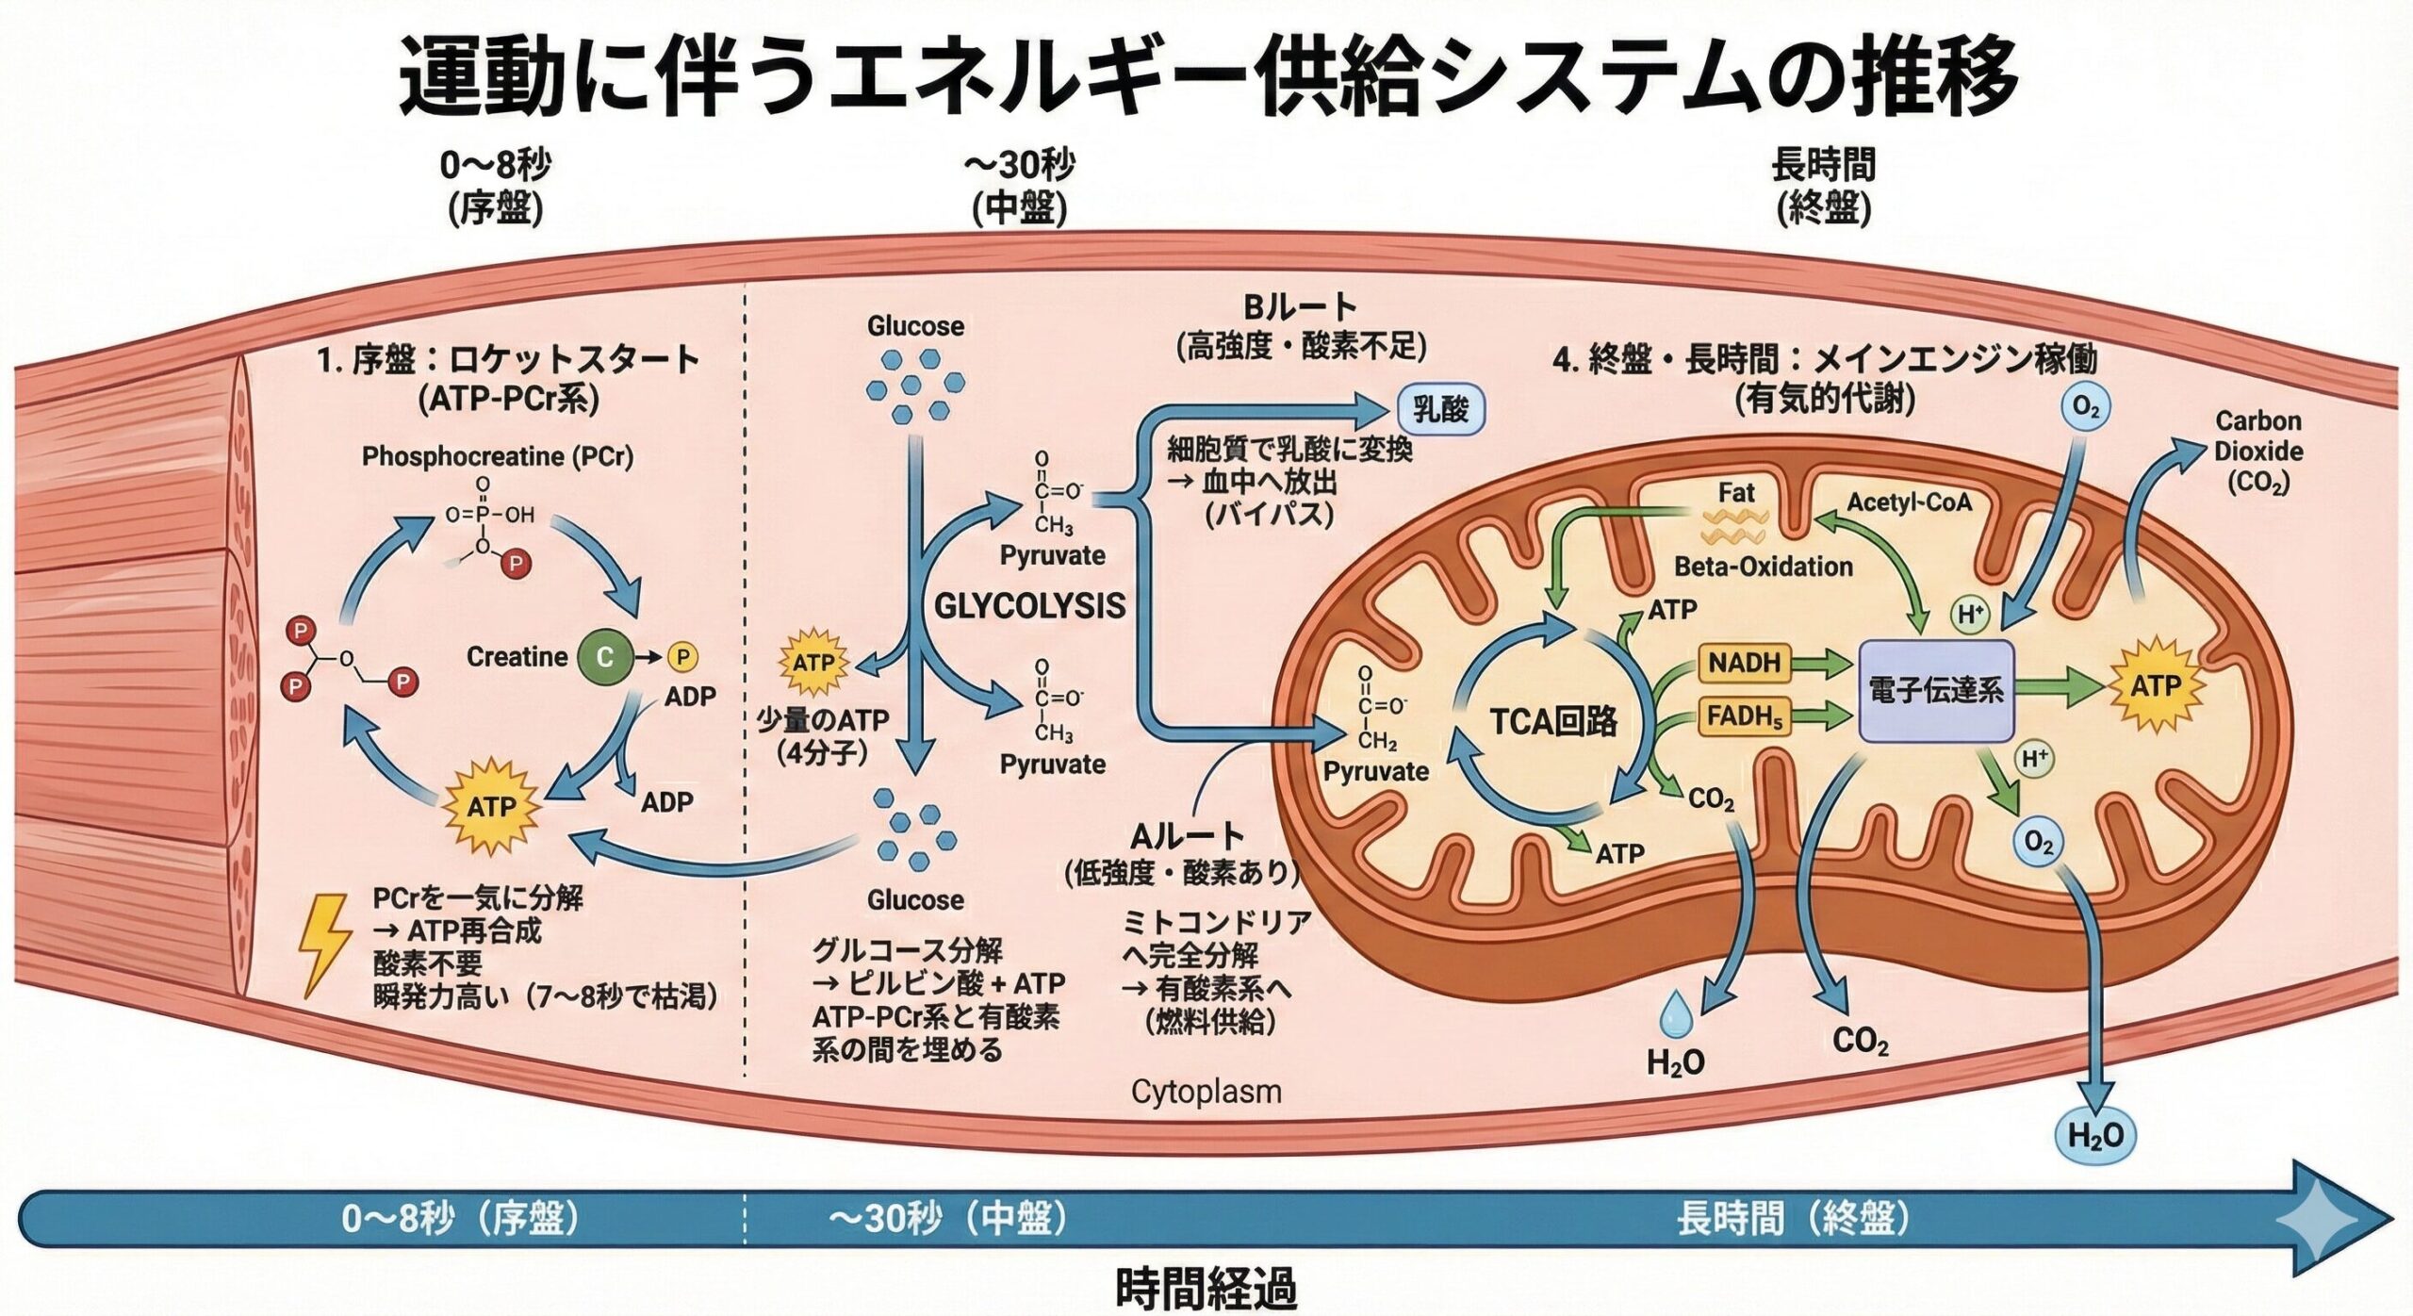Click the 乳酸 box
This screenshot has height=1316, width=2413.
(1440, 409)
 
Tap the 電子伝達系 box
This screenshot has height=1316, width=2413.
(1936, 691)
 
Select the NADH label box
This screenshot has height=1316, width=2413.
(1745, 663)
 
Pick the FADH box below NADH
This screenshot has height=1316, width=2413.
(1745, 716)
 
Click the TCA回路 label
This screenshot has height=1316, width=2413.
(1553, 721)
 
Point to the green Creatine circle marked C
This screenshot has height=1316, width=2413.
(604, 657)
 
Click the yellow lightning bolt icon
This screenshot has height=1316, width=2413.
(323, 945)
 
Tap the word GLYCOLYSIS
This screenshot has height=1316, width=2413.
(1029, 605)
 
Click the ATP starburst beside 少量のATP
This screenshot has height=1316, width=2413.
(813, 663)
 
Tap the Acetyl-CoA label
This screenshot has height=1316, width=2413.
(1909, 502)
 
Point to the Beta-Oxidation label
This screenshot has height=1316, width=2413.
(1763, 566)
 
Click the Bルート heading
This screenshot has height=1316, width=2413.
(1300, 307)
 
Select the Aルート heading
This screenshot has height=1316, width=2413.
(1187, 836)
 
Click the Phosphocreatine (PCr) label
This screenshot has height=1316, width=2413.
(498, 456)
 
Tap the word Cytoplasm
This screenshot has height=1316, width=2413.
(1206, 1092)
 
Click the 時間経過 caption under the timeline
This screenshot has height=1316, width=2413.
(1206, 1288)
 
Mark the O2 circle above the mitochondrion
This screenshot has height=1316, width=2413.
(2086, 407)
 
